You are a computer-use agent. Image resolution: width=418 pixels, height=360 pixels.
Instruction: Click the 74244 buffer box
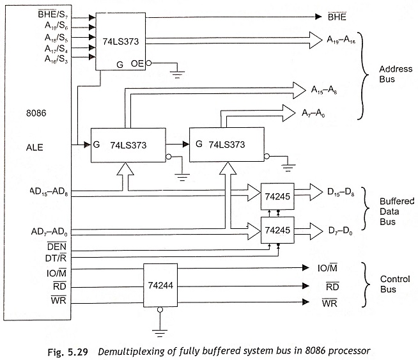click(160, 285)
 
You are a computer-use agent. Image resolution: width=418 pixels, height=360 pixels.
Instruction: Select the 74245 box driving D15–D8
click(277, 196)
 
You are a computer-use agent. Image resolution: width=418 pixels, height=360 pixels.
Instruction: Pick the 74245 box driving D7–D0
click(277, 230)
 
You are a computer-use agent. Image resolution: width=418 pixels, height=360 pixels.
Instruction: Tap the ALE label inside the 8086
click(35, 148)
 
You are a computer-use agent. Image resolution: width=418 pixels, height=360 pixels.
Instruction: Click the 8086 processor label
click(36, 113)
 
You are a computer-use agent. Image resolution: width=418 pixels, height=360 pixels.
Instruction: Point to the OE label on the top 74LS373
click(137, 63)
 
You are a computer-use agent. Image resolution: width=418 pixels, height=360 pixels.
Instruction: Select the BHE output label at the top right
click(337, 17)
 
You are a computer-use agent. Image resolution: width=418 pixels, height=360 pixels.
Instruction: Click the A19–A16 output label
click(341, 40)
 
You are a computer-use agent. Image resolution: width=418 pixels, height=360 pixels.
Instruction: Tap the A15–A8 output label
click(324, 90)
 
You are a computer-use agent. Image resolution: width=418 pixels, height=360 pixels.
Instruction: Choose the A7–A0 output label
click(313, 113)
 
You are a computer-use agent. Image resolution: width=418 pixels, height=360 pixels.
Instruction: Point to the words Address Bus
click(396, 74)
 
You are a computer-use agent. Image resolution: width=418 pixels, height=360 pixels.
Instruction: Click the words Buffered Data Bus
click(397, 212)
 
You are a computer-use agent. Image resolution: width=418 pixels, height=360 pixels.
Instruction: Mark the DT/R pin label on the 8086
click(56, 258)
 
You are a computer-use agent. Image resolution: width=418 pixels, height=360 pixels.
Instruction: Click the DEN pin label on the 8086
click(56, 246)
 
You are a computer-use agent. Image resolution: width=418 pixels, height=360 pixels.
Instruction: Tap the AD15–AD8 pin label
click(49, 192)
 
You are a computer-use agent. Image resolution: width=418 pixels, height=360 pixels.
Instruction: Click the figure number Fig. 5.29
click(68, 352)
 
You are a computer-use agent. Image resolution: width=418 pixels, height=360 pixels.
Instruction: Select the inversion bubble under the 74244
click(160, 309)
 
